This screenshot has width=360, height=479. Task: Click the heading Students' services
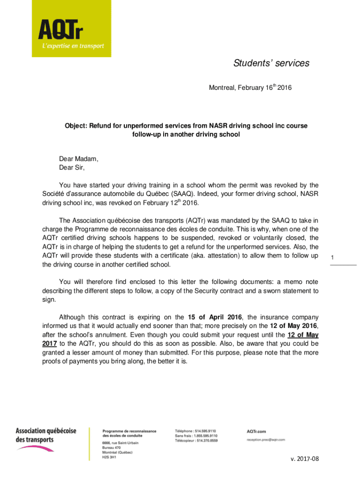(271, 63)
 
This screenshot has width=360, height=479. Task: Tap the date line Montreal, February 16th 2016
(250, 87)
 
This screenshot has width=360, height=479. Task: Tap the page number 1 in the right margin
(332, 258)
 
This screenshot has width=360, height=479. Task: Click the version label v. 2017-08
(304, 458)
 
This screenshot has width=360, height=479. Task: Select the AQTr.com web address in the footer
(256, 431)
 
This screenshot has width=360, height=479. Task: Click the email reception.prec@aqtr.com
(266, 440)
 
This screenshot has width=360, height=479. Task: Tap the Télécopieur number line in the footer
(196, 440)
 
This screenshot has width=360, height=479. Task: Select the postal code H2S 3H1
(109, 457)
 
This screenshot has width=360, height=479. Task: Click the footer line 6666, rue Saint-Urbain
(120, 443)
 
